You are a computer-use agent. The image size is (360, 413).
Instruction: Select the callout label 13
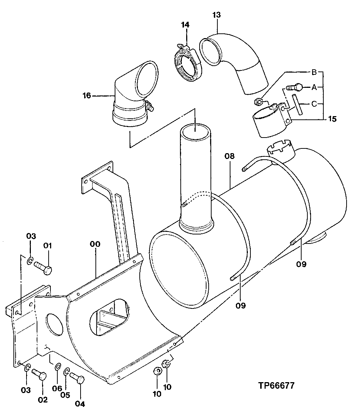(217, 15)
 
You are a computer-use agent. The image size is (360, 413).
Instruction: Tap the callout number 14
(185, 25)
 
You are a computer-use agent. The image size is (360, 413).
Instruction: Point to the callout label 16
(87, 96)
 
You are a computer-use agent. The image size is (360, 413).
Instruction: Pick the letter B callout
(314, 72)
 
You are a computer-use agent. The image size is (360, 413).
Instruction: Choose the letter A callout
(314, 87)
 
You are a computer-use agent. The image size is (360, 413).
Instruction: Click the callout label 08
(230, 157)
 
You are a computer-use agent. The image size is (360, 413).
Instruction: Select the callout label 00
(95, 244)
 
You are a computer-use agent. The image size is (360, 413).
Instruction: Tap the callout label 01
(48, 246)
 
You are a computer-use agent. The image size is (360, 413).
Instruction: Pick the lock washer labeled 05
(66, 372)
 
